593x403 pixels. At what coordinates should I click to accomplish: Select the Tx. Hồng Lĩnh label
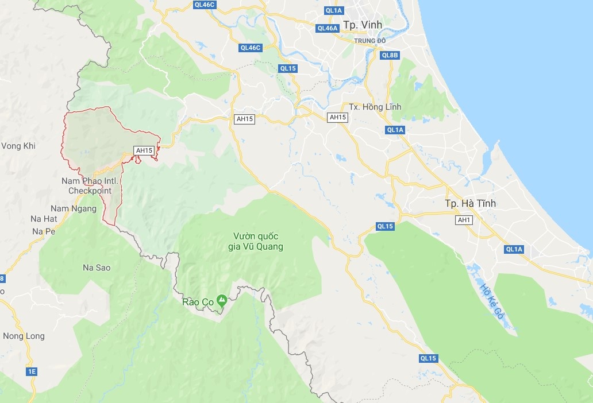pos(375,107)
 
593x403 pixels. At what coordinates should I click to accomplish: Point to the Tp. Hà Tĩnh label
pos(470,204)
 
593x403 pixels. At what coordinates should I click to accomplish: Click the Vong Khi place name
pos(18,146)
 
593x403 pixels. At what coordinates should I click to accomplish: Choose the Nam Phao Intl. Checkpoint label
pos(90,185)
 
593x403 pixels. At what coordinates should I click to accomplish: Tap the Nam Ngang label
pos(74,208)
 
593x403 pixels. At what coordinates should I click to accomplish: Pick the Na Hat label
pos(44,219)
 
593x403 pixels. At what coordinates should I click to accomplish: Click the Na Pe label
pos(43,231)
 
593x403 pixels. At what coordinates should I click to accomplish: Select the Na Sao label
pos(97,268)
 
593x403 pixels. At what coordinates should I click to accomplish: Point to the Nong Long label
pos(24,336)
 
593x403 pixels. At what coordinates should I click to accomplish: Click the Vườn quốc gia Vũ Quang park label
pos(259,241)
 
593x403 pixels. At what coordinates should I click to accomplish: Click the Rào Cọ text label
pos(197,302)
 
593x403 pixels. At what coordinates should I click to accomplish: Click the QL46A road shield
pos(328,28)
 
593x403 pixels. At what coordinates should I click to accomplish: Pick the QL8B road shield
pos(390,55)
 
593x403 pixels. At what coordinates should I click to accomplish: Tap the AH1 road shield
pos(464,220)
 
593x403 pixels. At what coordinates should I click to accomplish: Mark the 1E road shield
pos(32,371)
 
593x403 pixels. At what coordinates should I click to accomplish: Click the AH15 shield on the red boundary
pos(144,150)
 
